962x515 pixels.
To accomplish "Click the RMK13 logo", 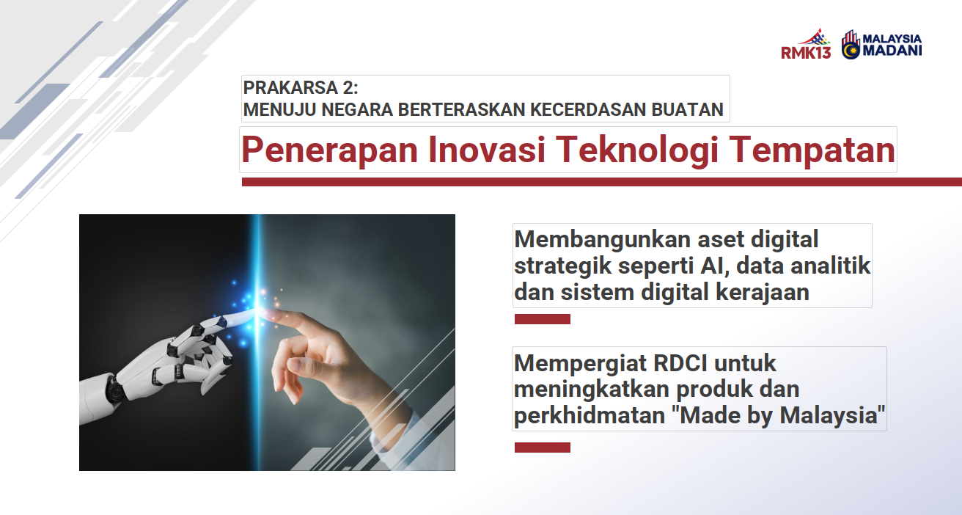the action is (806, 44).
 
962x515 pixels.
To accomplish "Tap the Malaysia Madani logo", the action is (881, 45).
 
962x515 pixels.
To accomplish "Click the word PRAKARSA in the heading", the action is (291, 87).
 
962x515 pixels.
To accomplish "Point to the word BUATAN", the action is (687, 109).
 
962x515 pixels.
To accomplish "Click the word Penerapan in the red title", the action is (329, 150).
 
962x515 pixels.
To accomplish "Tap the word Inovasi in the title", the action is (487, 150).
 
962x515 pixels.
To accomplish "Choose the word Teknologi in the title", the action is (637, 150).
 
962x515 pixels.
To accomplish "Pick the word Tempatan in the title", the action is (812, 150).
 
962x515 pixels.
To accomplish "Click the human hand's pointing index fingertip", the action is (265, 313).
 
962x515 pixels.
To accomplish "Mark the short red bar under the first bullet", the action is (543, 319).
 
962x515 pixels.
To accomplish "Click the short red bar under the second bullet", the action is (543, 448).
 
